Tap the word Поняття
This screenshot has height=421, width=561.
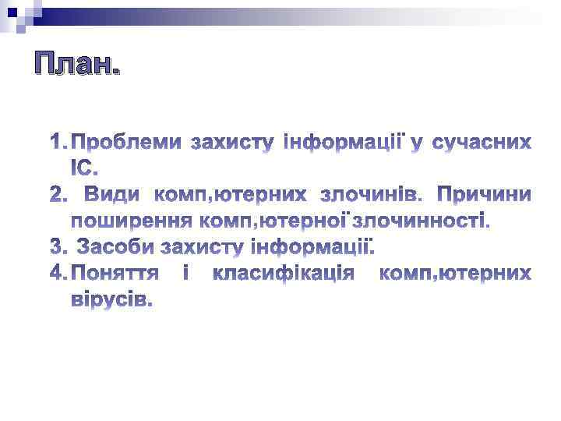(x=116, y=274)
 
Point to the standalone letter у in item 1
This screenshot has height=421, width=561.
(x=417, y=144)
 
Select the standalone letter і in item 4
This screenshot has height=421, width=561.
(x=185, y=274)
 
